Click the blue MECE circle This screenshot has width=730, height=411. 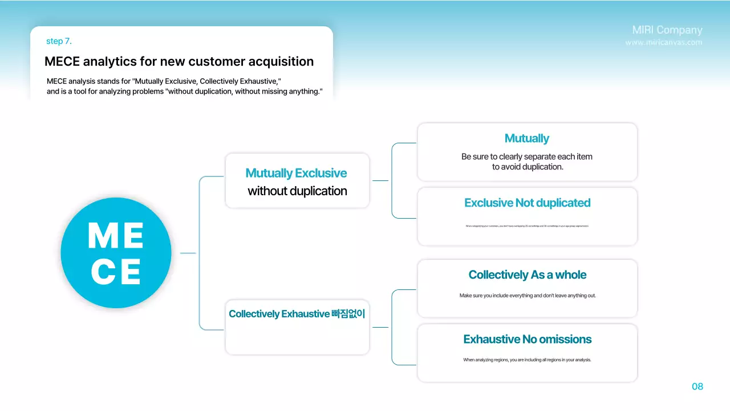point(116,253)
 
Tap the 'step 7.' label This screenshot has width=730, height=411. point(59,41)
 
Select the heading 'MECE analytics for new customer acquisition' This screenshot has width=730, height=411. point(179,62)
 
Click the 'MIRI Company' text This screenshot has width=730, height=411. point(667,30)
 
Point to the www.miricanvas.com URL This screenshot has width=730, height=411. point(664,43)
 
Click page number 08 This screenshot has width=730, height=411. point(697,386)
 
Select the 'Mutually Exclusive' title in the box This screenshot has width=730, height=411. point(296,173)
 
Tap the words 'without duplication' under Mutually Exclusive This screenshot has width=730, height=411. point(297,191)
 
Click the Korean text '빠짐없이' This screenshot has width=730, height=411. point(348,313)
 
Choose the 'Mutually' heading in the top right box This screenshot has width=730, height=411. point(527,138)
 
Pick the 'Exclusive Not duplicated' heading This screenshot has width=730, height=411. point(527,203)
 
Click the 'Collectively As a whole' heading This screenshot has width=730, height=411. point(527,275)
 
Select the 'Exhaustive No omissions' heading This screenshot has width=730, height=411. point(527,339)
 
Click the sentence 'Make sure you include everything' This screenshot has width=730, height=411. point(527,296)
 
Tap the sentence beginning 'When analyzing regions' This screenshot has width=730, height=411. point(527,360)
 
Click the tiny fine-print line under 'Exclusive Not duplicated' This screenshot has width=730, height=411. point(527,226)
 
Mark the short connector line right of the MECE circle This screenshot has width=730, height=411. point(188,253)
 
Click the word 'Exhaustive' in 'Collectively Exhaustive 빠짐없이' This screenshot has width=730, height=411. point(305,314)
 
